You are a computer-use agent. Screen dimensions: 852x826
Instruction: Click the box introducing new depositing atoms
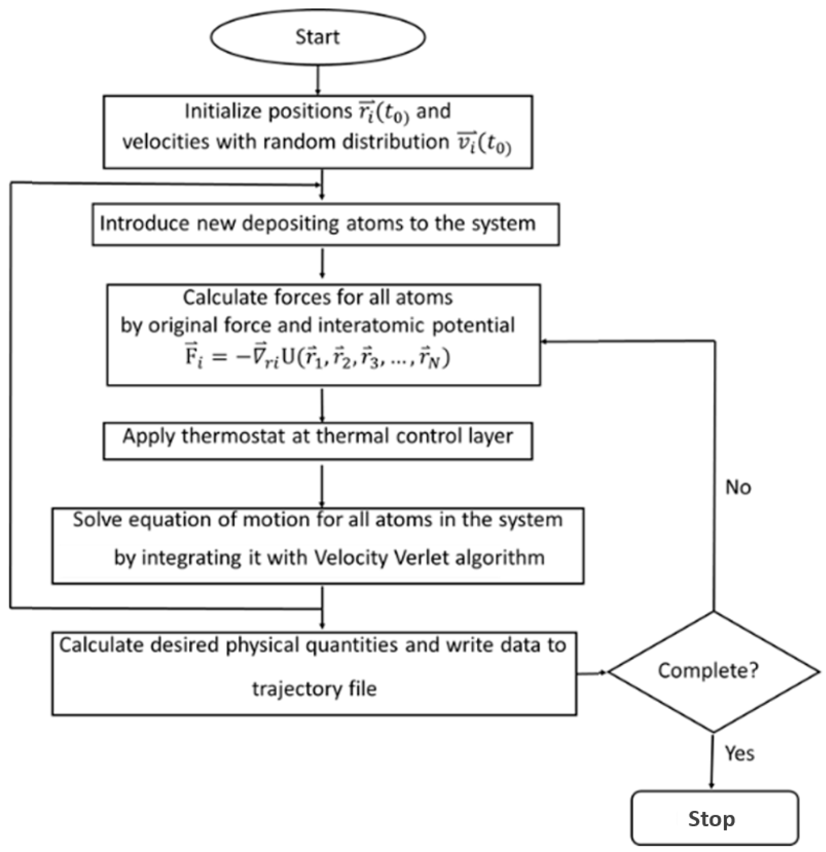coord(325,224)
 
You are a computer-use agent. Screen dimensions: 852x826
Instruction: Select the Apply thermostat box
coord(318,440)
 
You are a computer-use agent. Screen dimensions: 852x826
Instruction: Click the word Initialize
coord(223,112)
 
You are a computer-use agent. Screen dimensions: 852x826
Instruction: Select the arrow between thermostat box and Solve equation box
coord(322,485)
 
